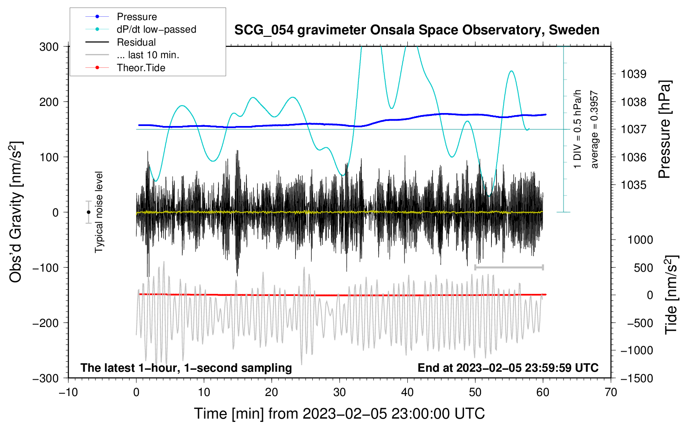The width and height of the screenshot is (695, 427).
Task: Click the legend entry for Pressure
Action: coord(121,16)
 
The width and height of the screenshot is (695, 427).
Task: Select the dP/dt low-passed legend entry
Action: coord(141,29)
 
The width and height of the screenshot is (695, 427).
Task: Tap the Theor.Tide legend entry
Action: coord(125,68)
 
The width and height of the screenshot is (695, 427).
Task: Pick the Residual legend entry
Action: coord(121,42)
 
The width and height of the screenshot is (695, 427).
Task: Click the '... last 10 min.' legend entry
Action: coord(132,55)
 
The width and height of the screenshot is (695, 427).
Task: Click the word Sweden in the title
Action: coord(574,30)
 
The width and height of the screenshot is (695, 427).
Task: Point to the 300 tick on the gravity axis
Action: coord(49,47)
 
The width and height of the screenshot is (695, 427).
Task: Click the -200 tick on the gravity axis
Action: coord(46,323)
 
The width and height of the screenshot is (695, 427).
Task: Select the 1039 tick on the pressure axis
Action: coord(633,74)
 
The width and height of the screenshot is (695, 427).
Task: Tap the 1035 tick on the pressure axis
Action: coord(633,185)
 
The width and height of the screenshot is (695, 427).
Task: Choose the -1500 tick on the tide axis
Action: coord(637,378)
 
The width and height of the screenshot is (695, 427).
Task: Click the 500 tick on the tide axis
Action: coord(644,268)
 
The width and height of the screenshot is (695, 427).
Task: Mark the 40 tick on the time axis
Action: coord(407,393)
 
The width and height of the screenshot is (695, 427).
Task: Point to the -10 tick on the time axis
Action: coord(68,393)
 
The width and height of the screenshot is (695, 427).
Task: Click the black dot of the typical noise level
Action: coord(88,212)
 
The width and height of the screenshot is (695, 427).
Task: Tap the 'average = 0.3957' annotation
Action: coord(594,130)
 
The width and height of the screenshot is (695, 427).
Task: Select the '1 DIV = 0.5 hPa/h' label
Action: coord(577,129)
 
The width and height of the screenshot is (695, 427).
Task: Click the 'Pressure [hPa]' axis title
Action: coord(665,129)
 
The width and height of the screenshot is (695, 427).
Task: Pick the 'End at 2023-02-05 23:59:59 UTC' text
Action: coord(508,368)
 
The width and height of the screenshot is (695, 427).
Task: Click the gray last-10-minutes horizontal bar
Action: coord(509,267)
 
